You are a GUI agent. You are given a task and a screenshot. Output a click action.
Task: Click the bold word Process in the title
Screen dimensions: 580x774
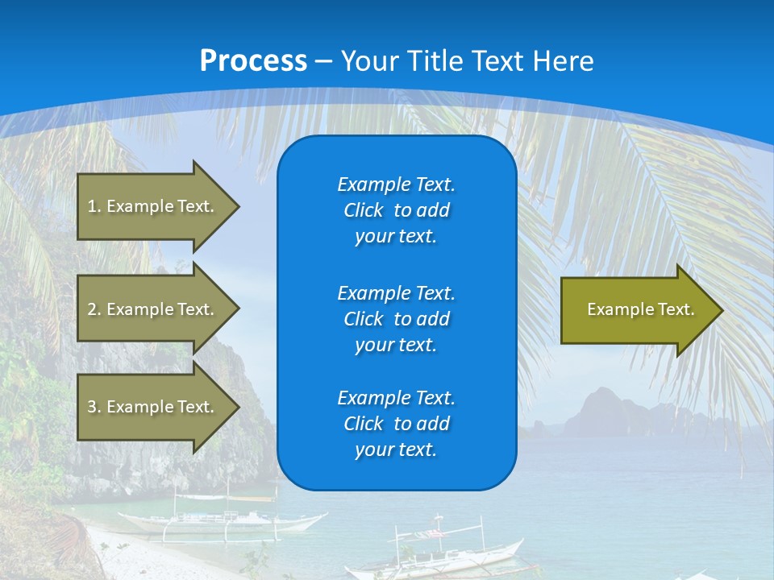[253, 61]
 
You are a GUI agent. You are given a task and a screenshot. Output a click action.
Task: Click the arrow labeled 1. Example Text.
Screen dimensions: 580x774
[153, 206]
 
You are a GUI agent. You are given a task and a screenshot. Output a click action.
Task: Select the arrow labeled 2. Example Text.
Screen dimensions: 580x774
[153, 309]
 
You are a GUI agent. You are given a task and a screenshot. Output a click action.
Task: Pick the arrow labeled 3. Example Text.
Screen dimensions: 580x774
[153, 407]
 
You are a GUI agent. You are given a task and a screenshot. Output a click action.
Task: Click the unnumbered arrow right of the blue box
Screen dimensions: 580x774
[637, 309]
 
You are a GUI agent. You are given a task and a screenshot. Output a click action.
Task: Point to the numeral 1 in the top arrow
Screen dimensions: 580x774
[92, 206]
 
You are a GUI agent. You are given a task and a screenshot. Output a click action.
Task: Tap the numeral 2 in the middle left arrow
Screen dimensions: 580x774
[92, 309]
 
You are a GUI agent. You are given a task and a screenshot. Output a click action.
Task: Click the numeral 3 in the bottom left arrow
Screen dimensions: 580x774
[92, 407]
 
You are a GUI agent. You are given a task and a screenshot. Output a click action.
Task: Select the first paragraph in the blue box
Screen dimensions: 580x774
[396, 210]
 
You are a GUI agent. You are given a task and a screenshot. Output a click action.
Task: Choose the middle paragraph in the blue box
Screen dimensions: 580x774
[396, 319]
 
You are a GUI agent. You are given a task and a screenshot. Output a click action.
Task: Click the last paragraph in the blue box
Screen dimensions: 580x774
[396, 424]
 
